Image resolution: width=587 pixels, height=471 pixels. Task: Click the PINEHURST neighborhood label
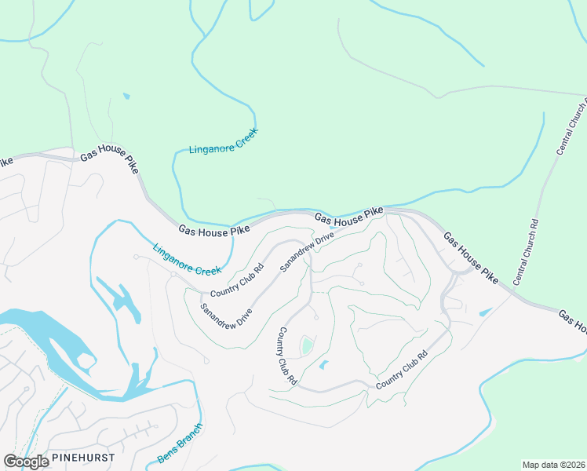[83, 457]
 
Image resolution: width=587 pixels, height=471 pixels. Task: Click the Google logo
[26, 462]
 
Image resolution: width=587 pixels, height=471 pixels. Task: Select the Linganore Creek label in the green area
[224, 140]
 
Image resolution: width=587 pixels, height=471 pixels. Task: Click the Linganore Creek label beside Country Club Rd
[188, 258]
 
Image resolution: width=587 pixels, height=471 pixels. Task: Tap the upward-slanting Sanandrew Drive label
[308, 251]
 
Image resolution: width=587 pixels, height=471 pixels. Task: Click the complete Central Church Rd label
[526, 252]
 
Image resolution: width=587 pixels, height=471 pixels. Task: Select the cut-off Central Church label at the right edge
[572, 126]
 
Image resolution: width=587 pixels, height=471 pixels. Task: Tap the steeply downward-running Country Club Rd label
[285, 356]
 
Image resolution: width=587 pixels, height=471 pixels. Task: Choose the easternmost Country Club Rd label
[401, 371]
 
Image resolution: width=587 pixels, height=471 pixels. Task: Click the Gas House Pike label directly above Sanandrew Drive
[349, 217]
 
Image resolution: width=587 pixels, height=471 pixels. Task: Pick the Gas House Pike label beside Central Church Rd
[470, 257]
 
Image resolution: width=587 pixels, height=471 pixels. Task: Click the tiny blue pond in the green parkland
[126, 97]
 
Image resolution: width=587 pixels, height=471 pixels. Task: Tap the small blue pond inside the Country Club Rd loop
[324, 365]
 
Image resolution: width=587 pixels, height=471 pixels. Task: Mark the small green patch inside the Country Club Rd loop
[307, 345]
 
